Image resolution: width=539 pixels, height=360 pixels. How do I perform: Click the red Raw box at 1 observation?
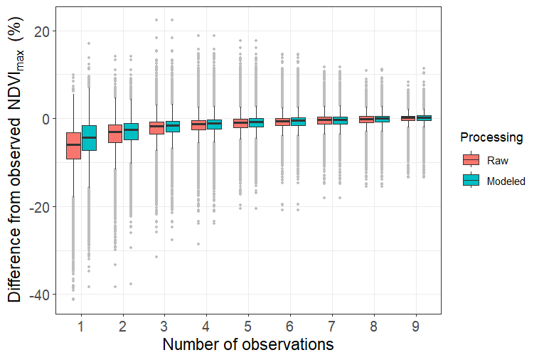[x=73, y=146]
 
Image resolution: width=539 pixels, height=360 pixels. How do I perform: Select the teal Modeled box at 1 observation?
[x=89, y=138]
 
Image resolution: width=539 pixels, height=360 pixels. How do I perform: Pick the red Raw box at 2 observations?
[x=115, y=133]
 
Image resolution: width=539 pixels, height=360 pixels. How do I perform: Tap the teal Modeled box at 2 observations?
[x=131, y=131]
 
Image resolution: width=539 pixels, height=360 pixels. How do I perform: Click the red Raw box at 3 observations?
[x=157, y=127]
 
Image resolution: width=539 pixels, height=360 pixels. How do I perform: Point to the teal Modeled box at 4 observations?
[x=215, y=124]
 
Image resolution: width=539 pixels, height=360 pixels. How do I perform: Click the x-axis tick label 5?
[x=249, y=327]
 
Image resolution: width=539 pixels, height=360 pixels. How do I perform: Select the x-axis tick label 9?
[x=417, y=327]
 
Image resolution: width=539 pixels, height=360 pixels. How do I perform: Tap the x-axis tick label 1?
[x=81, y=327]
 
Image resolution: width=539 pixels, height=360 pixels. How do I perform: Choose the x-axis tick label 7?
[x=333, y=327]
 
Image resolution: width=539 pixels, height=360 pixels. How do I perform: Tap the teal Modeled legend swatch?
[x=471, y=181]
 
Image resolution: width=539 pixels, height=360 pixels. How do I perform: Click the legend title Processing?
[x=491, y=137]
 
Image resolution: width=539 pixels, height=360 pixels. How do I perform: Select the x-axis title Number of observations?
[x=247, y=345]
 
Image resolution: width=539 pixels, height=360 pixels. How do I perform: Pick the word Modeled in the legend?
[x=506, y=181]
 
